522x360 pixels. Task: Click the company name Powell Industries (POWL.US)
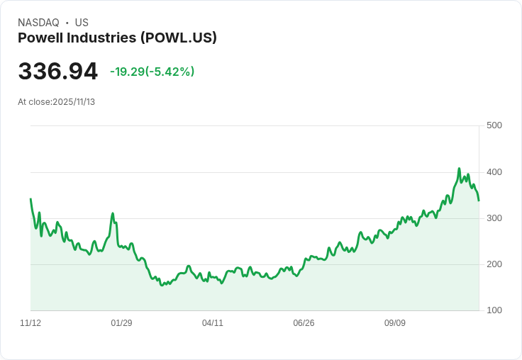(117, 38)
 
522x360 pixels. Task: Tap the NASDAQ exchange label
(38, 23)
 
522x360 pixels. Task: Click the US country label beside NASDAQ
(82, 23)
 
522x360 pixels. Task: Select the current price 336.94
(58, 72)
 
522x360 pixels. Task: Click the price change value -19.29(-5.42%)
(152, 72)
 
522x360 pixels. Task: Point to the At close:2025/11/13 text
(56, 102)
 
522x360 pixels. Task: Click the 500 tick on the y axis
(494, 125)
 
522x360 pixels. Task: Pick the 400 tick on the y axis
(494, 172)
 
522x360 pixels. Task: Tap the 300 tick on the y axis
(494, 218)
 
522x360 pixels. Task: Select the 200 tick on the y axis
(494, 264)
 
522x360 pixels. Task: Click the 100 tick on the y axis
(494, 310)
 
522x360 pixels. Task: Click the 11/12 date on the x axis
(30, 323)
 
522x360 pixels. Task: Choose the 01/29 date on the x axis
(121, 323)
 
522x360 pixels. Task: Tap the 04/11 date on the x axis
(213, 323)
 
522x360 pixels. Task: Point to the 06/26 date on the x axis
(304, 323)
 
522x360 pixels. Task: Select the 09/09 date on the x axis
(395, 323)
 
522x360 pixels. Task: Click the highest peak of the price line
(459, 169)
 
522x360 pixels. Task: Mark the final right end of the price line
(479, 201)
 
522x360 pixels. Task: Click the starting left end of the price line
(30, 199)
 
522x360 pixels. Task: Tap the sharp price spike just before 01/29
(112, 213)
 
